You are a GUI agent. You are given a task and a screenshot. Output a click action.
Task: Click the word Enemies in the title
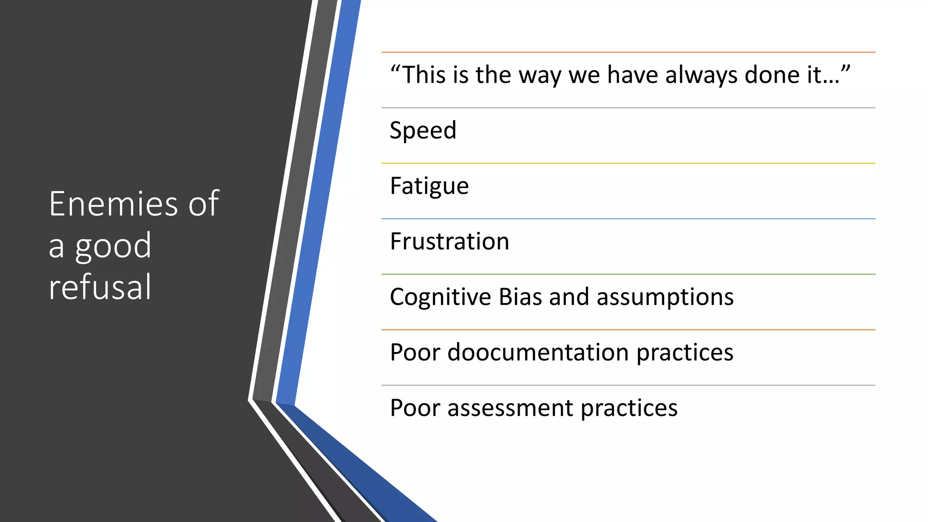click(x=114, y=204)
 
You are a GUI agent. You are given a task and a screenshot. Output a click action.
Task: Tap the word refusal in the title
click(x=100, y=287)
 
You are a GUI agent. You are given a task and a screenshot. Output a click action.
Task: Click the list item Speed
click(x=423, y=131)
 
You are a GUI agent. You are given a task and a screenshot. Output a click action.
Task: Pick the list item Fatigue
click(x=429, y=186)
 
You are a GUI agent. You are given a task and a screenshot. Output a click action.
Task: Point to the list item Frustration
click(x=449, y=242)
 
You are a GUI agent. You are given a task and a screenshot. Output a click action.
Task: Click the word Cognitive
click(x=440, y=297)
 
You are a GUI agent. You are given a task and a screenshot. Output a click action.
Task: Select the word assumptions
click(x=665, y=297)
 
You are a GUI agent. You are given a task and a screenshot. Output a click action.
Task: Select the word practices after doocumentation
click(x=685, y=353)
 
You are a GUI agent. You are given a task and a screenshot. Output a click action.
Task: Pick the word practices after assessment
click(x=629, y=408)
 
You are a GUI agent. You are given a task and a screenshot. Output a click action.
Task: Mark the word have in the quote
click(x=632, y=75)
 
